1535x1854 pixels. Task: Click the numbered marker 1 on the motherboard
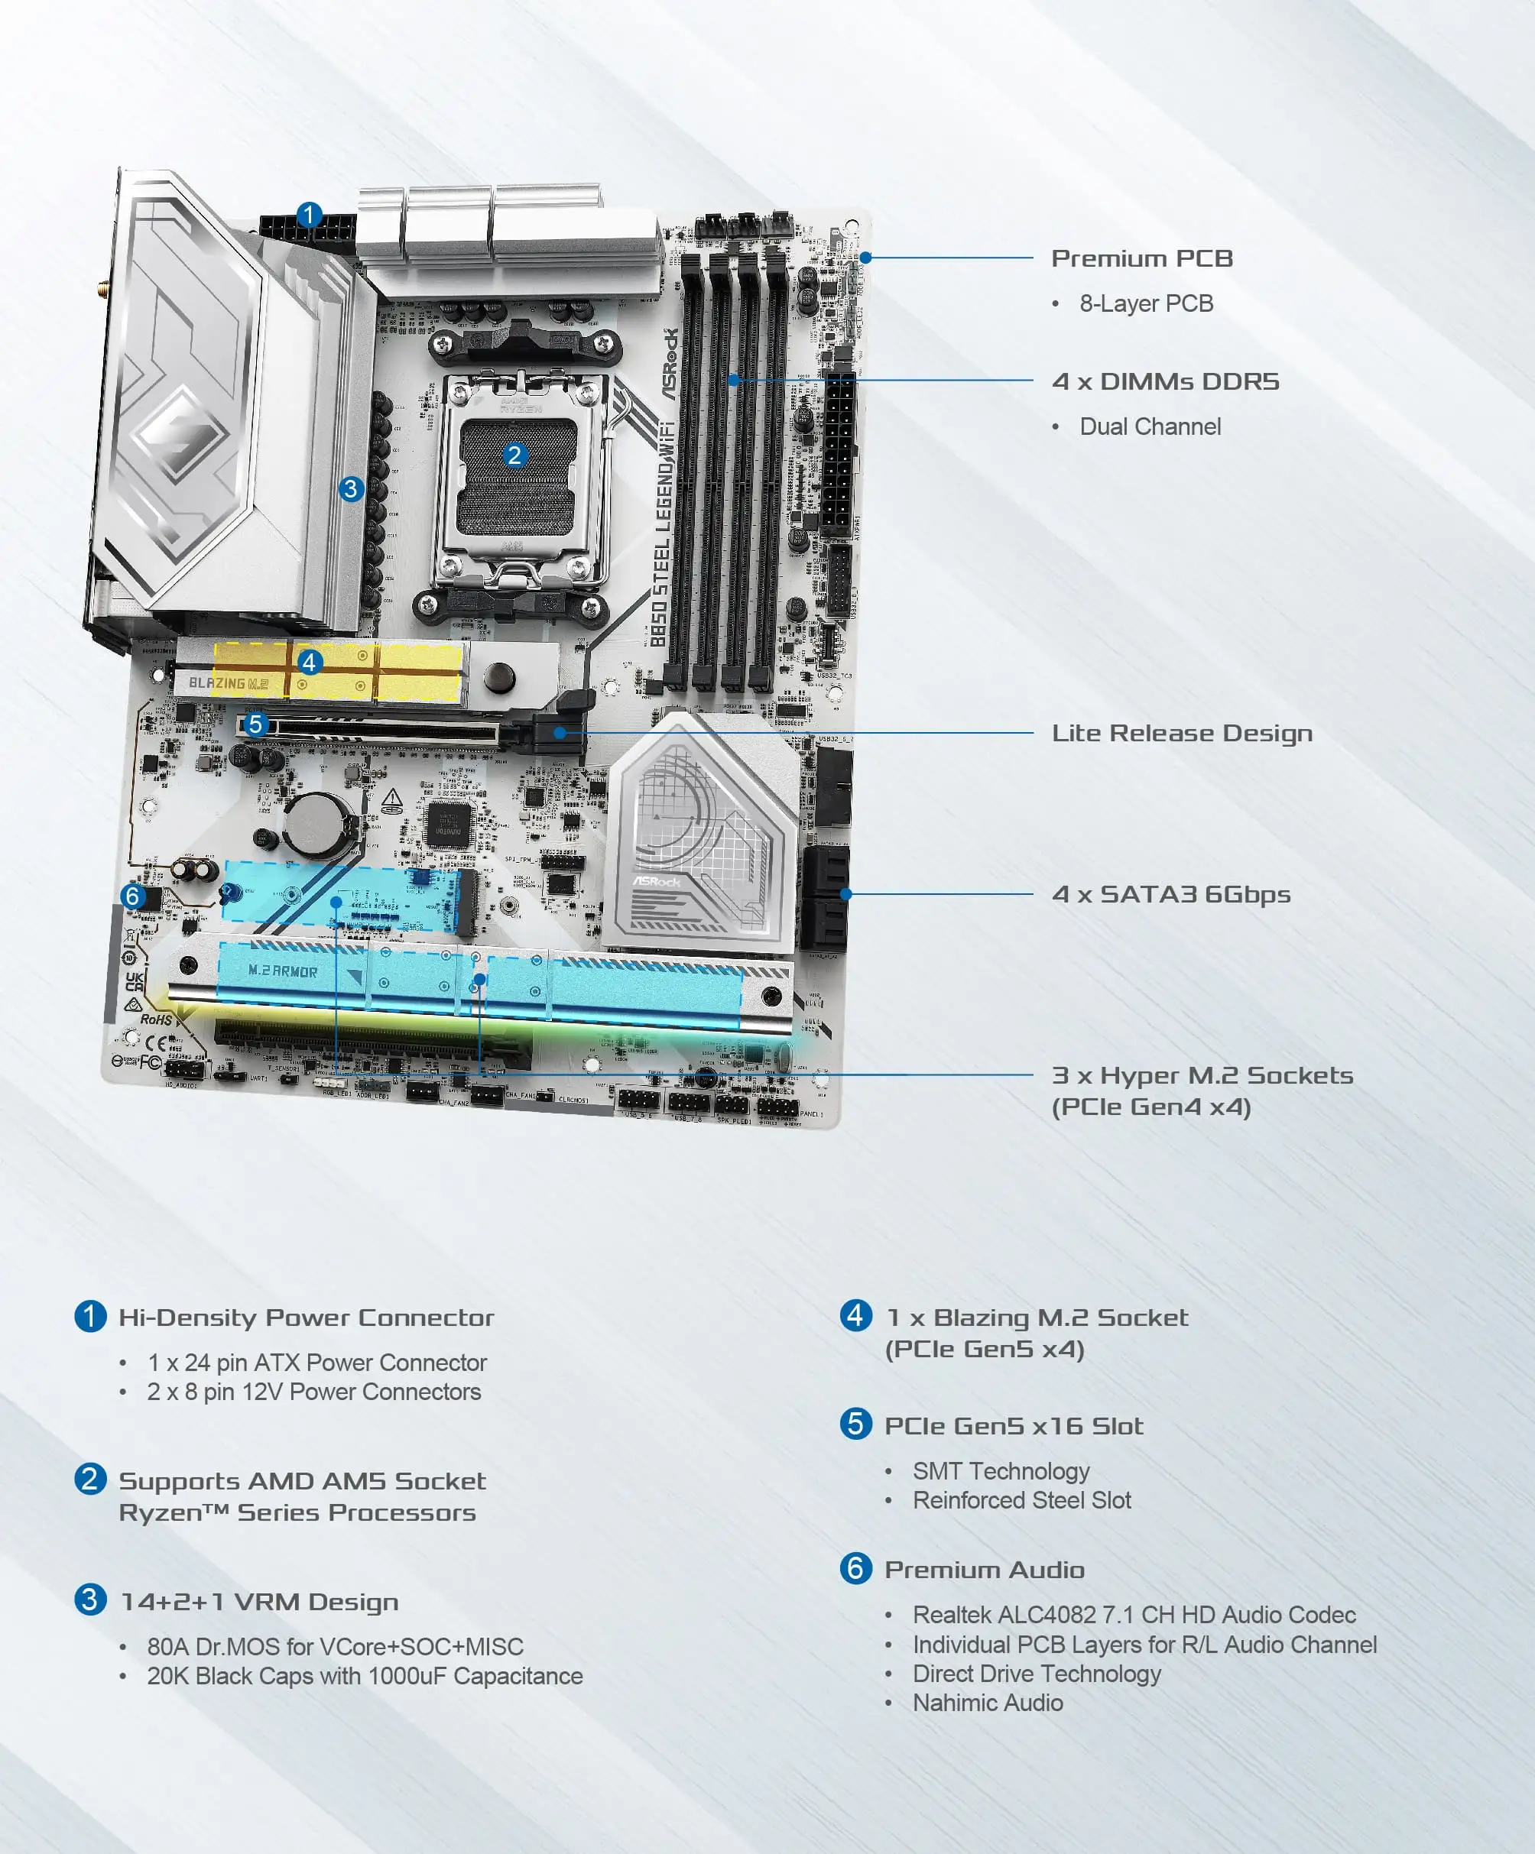pos(308,215)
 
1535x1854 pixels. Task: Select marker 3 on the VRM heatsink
pos(352,488)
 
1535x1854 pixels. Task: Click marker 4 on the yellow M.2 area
pos(308,662)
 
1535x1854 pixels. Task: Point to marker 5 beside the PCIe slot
pos(255,724)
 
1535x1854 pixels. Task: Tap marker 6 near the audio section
pos(133,896)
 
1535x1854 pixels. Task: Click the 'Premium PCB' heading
pos(1141,258)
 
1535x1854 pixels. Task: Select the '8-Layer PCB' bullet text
pos(1145,303)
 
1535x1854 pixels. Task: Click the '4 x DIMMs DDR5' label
pos(1164,381)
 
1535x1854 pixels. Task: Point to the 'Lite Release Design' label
pos(1181,733)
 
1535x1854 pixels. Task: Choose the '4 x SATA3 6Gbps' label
pos(1170,894)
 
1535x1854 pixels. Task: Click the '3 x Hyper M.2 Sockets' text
pos(1201,1075)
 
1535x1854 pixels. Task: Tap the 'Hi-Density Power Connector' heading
pos(306,1318)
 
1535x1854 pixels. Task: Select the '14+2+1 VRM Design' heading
pos(259,1602)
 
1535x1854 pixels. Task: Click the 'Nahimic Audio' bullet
pos(987,1703)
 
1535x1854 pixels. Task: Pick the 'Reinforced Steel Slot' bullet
pos(1021,1500)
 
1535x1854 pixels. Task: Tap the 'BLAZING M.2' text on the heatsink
pos(228,682)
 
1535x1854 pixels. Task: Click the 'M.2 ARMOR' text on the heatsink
pos(282,971)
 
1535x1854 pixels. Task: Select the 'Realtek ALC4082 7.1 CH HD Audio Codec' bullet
pos(1133,1615)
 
